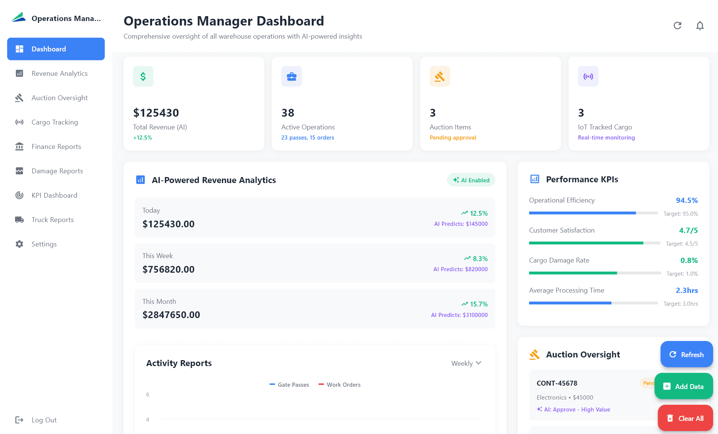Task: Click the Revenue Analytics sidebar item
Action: pos(59,74)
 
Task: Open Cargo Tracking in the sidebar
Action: pos(54,122)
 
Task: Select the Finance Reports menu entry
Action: pos(56,147)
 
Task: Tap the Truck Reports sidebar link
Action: pos(52,220)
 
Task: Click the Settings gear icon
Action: pos(20,244)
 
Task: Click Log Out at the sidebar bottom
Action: pos(44,420)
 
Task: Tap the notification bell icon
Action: pos(700,26)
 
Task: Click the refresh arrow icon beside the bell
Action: pos(677,26)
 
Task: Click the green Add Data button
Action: pos(683,386)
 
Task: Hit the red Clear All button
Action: pos(685,418)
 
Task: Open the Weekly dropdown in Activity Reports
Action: pos(466,363)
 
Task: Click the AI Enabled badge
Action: pos(471,180)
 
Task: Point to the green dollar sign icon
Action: pos(143,77)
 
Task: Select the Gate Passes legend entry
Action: pos(289,385)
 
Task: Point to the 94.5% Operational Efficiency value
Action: pos(686,200)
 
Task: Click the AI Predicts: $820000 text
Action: pos(460,269)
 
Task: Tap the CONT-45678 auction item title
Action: pos(557,383)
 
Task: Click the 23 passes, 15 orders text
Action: pos(308,138)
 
